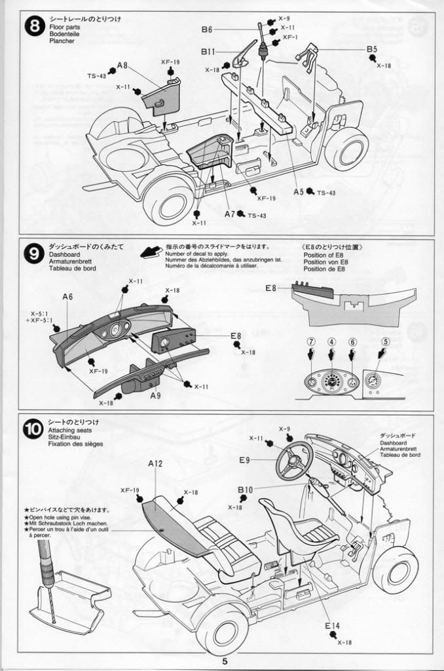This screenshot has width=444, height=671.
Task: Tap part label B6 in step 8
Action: point(207,29)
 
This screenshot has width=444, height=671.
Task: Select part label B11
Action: point(208,51)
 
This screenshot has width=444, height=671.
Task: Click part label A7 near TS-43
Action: point(229,214)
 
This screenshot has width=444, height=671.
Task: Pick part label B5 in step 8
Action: point(371,49)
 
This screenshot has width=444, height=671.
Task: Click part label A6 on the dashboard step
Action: point(67,297)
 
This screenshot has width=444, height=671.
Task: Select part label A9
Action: point(155,396)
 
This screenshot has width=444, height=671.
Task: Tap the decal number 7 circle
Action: point(312,341)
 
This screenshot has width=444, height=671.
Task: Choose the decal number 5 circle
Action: point(386,341)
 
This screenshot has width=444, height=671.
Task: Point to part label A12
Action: point(155,463)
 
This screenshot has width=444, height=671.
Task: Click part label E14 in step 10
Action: point(332,626)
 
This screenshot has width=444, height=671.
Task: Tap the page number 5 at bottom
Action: point(225,661)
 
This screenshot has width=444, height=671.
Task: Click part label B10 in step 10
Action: point(246,490)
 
